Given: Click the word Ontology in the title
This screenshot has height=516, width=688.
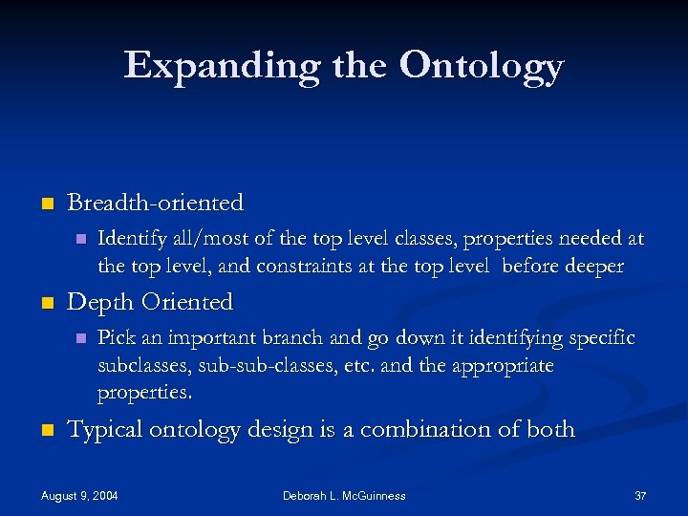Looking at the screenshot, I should coord(483,67).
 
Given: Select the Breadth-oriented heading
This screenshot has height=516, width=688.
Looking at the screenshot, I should coord(156,203).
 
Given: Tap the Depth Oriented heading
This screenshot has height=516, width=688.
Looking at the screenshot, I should coord(150,302).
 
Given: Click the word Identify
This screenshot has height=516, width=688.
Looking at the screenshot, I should coord(129,238).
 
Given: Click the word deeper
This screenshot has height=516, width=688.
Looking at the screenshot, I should coord(593,266).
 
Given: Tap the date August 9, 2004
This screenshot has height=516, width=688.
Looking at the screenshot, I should coord(80,496).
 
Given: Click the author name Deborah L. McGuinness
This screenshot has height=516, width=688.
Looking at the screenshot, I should coord(344,496).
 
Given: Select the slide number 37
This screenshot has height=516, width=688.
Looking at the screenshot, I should coord(640,496).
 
